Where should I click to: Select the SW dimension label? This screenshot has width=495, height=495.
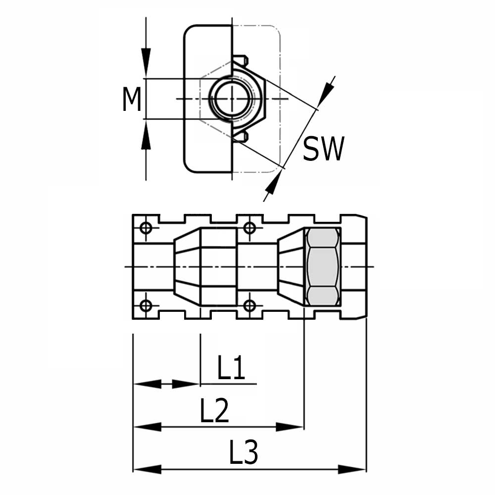(x=323, y=149)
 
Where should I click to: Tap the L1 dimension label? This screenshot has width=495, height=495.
(x=231, y=369)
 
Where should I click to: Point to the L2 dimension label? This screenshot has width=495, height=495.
(x=214, y=411)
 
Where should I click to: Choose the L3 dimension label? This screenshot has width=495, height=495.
(x=244, y=453)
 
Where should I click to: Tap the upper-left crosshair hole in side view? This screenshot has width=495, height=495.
(x=146, y=228)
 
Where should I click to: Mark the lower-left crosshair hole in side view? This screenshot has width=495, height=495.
(x=146, y=305)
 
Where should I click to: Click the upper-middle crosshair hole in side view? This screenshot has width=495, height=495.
(x=250, y=228)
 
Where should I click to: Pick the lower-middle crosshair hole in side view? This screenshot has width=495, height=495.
(x=250, y=305)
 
